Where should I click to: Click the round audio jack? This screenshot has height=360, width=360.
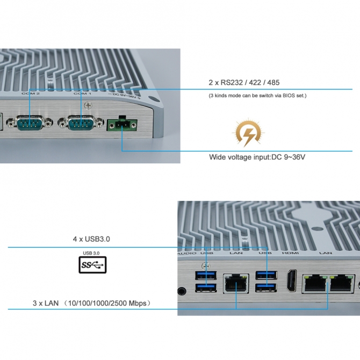coord(183,291)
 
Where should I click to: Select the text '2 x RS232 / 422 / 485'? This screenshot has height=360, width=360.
coord(244,82)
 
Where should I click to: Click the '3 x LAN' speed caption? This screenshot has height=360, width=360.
coord(91,304)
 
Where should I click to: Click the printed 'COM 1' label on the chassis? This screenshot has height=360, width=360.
coord(82,94)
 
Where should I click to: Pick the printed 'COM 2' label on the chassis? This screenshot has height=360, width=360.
coord(31,94)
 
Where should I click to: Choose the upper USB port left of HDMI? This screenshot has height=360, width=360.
coord(263,276)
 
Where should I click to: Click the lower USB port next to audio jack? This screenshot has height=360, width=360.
coord(205,289)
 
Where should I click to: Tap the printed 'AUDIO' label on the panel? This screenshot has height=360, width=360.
coord(186,252)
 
